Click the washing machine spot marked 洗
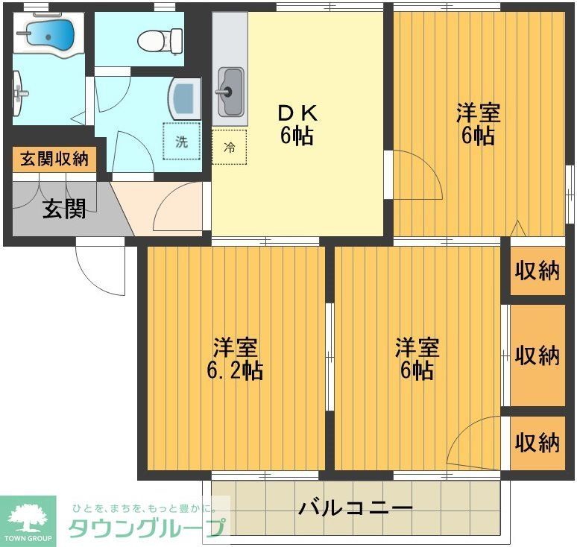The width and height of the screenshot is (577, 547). (182, 142)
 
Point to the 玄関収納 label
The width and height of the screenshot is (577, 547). (54, 159)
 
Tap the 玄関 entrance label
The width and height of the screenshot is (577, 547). (63, 208)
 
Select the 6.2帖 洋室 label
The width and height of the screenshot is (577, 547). (237, 358)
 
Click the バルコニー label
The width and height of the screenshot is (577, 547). (356, 509)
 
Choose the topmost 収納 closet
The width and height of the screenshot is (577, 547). (537, 271)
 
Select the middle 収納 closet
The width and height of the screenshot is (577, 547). (537, 355)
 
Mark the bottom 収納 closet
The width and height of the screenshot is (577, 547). (537, 442)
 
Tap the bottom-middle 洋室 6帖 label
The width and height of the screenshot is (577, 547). (417, 358)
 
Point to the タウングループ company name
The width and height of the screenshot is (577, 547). (146, 528)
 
